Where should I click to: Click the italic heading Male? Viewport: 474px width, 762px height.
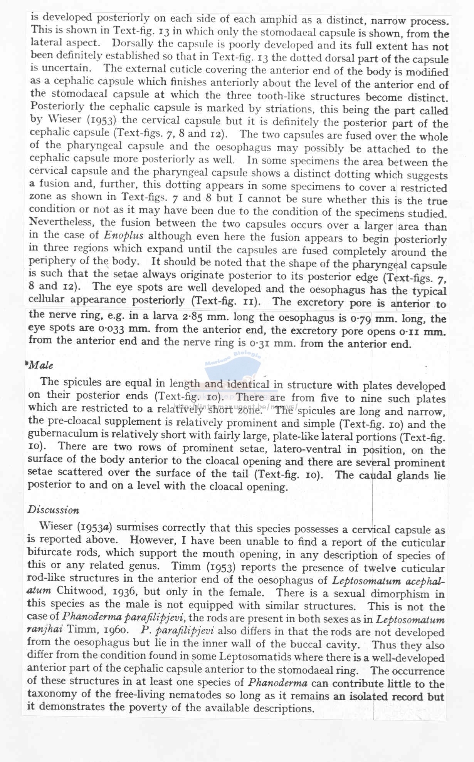[41, 365]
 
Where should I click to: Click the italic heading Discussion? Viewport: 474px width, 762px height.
[53, 510]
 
